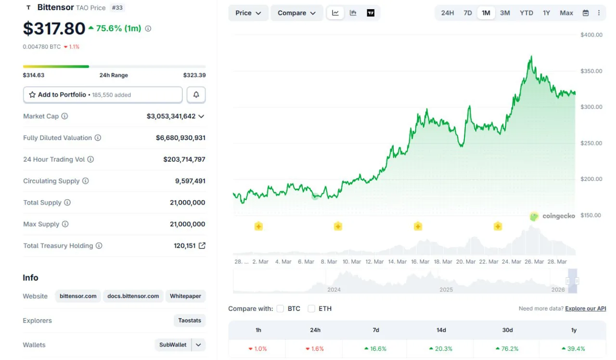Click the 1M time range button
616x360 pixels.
(x=486, y=13)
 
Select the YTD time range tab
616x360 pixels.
(x=526, y=13)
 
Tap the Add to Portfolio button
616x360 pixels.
(x=103, y=95)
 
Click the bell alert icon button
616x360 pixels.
(x=196, y=95)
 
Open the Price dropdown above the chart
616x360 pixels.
(x=248, y=13)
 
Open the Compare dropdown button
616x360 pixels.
(x=296, y=13)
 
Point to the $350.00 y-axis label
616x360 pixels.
(x=591, y=71)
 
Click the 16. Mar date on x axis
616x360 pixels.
(x=420, y=262)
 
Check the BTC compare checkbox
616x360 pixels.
(x=280, y=309)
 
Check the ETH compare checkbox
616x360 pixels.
(x=311, y=309)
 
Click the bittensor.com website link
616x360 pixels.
(x=78, y=296)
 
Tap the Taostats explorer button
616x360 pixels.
(x=190, y=321)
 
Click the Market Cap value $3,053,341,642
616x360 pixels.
(x=171, y=116)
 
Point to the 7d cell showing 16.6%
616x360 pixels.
(x=376, y=348)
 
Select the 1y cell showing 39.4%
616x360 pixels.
(x=574, y=348)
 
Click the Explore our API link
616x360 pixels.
(x=585, y=309)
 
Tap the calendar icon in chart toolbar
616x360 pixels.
(x=586, y=13)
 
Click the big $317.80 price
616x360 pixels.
(x=54, y=29)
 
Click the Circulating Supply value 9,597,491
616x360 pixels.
(x=190, y=181)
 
